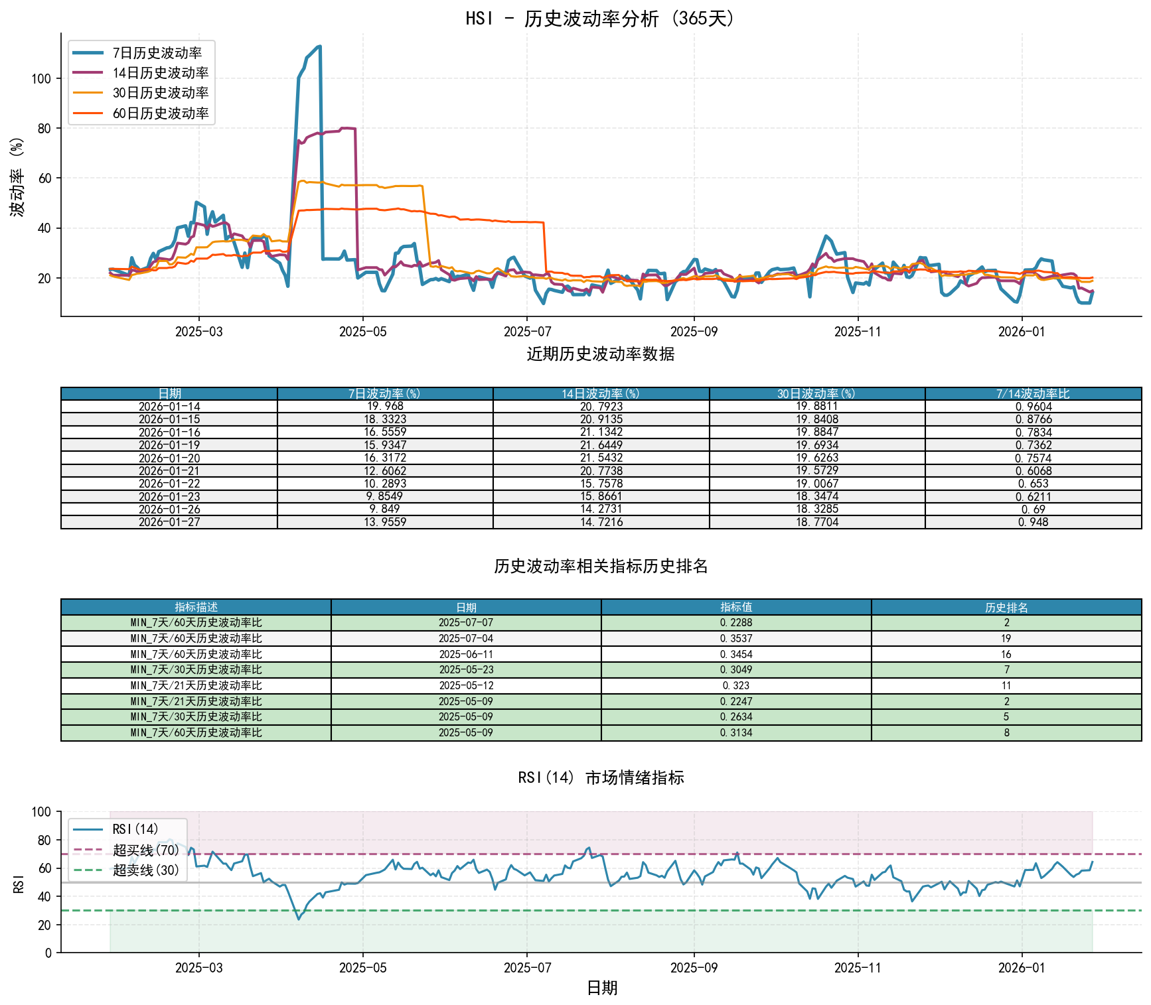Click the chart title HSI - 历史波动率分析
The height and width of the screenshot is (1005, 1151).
600,18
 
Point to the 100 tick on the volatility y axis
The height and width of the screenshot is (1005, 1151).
41,78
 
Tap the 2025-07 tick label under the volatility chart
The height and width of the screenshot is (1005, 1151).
527,332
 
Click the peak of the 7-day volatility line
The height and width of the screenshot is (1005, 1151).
320,46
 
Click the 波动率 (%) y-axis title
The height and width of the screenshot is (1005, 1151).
17,176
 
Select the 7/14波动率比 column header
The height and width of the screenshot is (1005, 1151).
1033,394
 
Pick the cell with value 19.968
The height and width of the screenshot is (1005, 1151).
385,406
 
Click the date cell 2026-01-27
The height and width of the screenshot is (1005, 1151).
169,522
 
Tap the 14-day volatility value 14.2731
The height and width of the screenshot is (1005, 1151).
601,509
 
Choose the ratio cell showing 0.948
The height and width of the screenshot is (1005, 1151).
1033,522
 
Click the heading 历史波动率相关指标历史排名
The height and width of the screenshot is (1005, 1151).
601,566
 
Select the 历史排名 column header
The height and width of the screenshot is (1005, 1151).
1006,607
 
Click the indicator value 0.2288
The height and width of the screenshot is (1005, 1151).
736,623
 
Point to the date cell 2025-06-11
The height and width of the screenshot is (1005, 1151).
466,654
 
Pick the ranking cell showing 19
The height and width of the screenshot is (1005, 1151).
1006,638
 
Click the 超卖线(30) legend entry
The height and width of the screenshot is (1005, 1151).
146,870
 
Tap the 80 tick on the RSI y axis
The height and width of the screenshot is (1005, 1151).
44,840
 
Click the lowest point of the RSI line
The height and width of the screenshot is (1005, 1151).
299,919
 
